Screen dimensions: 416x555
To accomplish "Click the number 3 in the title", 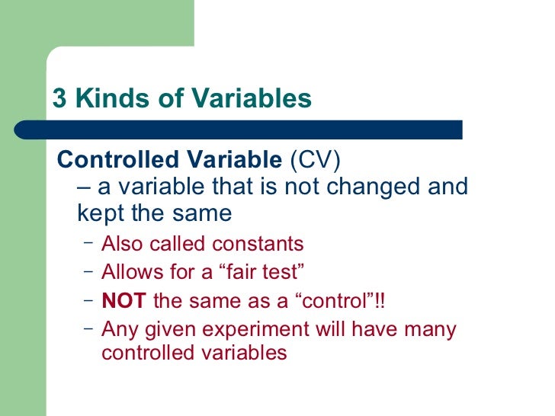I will click(x=59, y=100).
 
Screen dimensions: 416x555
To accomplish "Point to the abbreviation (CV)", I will click(x=315, y=161).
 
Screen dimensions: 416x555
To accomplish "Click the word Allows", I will click(x=130, y=271).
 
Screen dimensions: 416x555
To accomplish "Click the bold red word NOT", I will click(x=124, y=301).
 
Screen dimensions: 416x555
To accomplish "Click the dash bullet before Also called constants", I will click(x=88, y=243).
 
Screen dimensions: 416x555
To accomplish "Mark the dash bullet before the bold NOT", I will click(x=88, y=299).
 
